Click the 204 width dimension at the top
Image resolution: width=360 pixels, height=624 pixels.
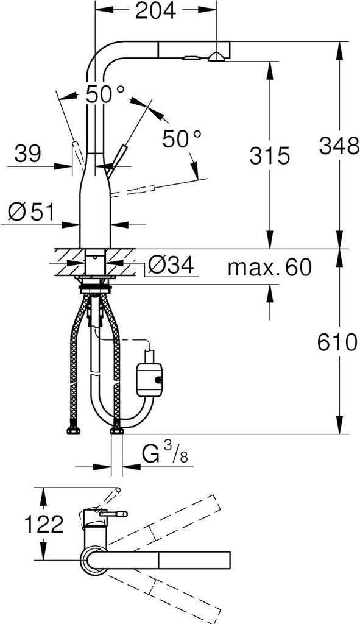pyautogui.click(x=155, y=11)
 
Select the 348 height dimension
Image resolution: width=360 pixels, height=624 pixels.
pyautogui.click(x=339, y=146)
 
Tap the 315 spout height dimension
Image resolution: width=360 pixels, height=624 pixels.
pyautogui.click(x=270, y=155)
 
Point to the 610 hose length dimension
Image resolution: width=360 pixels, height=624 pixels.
pyautogui.click(x=337, y=342)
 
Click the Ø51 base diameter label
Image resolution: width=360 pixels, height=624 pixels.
pyautogui.click(x=31, y=211)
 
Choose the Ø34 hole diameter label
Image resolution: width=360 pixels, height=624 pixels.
pyautogui.click(x=171, y=264)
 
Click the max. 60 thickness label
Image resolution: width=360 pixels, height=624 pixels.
pyautogui.click(x=269, y=267)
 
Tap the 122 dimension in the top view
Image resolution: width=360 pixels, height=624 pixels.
pyautogui.click(x=44, y=524)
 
